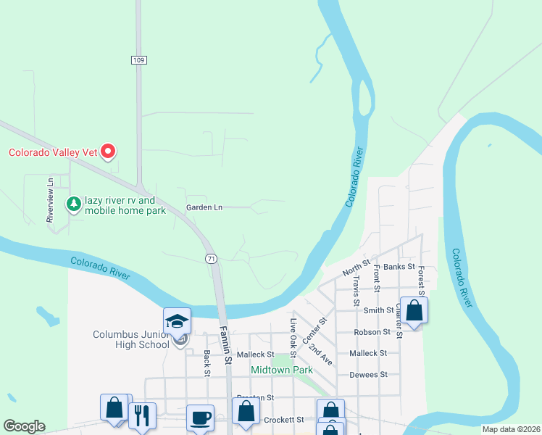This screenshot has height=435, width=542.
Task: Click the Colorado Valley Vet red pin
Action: pyautogui.click(x=108, y=152)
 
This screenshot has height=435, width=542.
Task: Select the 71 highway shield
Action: pyautogui.click(x=211, y=258)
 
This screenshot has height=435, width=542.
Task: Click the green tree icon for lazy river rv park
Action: pyautogui.click(x=73, y=204)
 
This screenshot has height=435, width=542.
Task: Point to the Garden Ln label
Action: pyautogui.click(x=204, y=207)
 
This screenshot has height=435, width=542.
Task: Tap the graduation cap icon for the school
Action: pyautogui.click(x=178, y=321)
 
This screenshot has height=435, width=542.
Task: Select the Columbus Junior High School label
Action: pyautogui.click(x=135, y=339)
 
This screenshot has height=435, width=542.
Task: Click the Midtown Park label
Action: pyautogui.click(x=281, y=370)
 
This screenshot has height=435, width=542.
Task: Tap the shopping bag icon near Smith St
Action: pyautogui.click(x=414, y=310)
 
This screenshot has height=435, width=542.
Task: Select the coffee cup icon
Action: pyautogui.click(x=200, y=417)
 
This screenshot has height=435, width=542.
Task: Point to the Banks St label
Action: pyautogui.click(x=399, y=267)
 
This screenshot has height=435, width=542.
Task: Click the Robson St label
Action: pyautogui.click(x=372, y=332)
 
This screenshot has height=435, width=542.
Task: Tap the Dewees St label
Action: pyautogui.click(x=369, y=374)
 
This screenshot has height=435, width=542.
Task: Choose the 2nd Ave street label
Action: pyautogui.click(x=320, y=355)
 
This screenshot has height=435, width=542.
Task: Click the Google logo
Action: pyautogui.click(x=24, y=426)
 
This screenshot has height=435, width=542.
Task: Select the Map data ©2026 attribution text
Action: pyautogui.click(x=511, y=429)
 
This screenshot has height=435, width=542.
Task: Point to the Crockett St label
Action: pyautogui.click(x=283, y=420)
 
